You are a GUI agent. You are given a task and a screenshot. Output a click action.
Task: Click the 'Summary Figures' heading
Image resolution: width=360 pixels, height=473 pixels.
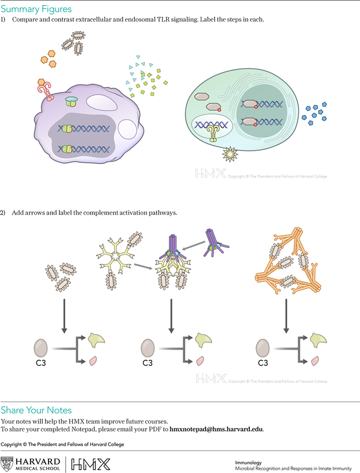[x=36, y=9]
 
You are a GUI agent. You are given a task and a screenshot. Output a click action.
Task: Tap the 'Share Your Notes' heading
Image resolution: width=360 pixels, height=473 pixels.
[x=36, y=410]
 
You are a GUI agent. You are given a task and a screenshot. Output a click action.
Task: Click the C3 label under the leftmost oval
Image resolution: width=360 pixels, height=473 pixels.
[x=40, y=363]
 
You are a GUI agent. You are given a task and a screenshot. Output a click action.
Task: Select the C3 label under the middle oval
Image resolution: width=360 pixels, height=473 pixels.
[x=147, y=363]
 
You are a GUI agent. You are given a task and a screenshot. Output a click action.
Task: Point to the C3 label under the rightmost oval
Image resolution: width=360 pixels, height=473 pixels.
[x=263, y=363]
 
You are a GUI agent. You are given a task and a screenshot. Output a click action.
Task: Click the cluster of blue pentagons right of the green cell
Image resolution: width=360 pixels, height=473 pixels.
[x=314, y=112]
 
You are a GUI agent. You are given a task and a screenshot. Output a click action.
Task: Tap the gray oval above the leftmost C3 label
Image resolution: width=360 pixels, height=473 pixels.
[x=41, y=348]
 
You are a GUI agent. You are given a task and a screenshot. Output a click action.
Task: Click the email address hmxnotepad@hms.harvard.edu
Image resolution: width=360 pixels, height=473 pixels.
[x=217, y=429]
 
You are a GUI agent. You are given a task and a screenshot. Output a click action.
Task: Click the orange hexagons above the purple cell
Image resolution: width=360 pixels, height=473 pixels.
[x=48, y=57]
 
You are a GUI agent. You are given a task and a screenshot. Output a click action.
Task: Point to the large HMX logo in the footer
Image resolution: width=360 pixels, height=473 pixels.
[x=90, y=464]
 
